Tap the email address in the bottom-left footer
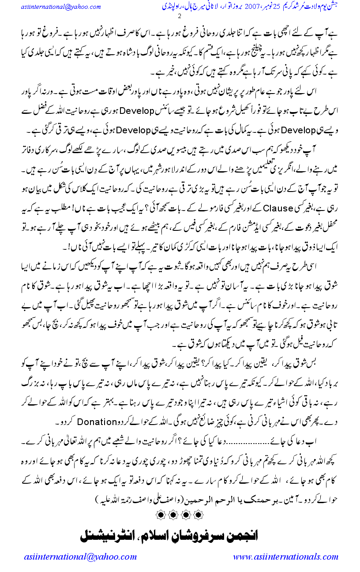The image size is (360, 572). (x=81, y=557)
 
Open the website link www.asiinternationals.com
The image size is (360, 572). (x=285, y=557)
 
